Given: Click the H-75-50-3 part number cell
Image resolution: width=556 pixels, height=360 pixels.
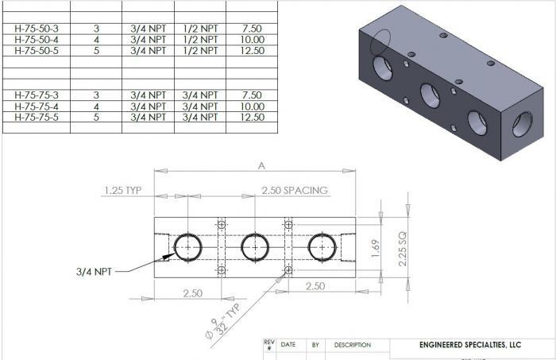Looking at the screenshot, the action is tap(37, 29).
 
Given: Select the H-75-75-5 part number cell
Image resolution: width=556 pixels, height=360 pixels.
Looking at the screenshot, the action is tap(37, 117).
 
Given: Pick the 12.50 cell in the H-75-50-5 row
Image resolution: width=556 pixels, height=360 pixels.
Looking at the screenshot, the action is tap(252, 51).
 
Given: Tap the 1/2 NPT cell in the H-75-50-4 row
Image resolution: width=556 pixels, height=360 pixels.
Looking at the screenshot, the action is tap(200, 40).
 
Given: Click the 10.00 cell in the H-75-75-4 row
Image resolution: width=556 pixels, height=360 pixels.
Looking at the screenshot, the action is tap(252, 106).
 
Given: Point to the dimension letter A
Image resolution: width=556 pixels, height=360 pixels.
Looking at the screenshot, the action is tap(261, 165).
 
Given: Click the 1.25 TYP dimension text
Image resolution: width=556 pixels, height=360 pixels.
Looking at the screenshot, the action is tap(122, 191).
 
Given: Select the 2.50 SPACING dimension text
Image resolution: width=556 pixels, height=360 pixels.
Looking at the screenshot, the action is tap(295, 191).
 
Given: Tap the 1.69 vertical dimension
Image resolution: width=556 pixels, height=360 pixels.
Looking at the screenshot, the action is tap(376, 248).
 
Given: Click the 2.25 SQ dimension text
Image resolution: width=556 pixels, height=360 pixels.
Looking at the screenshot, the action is tap(402, 249).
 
